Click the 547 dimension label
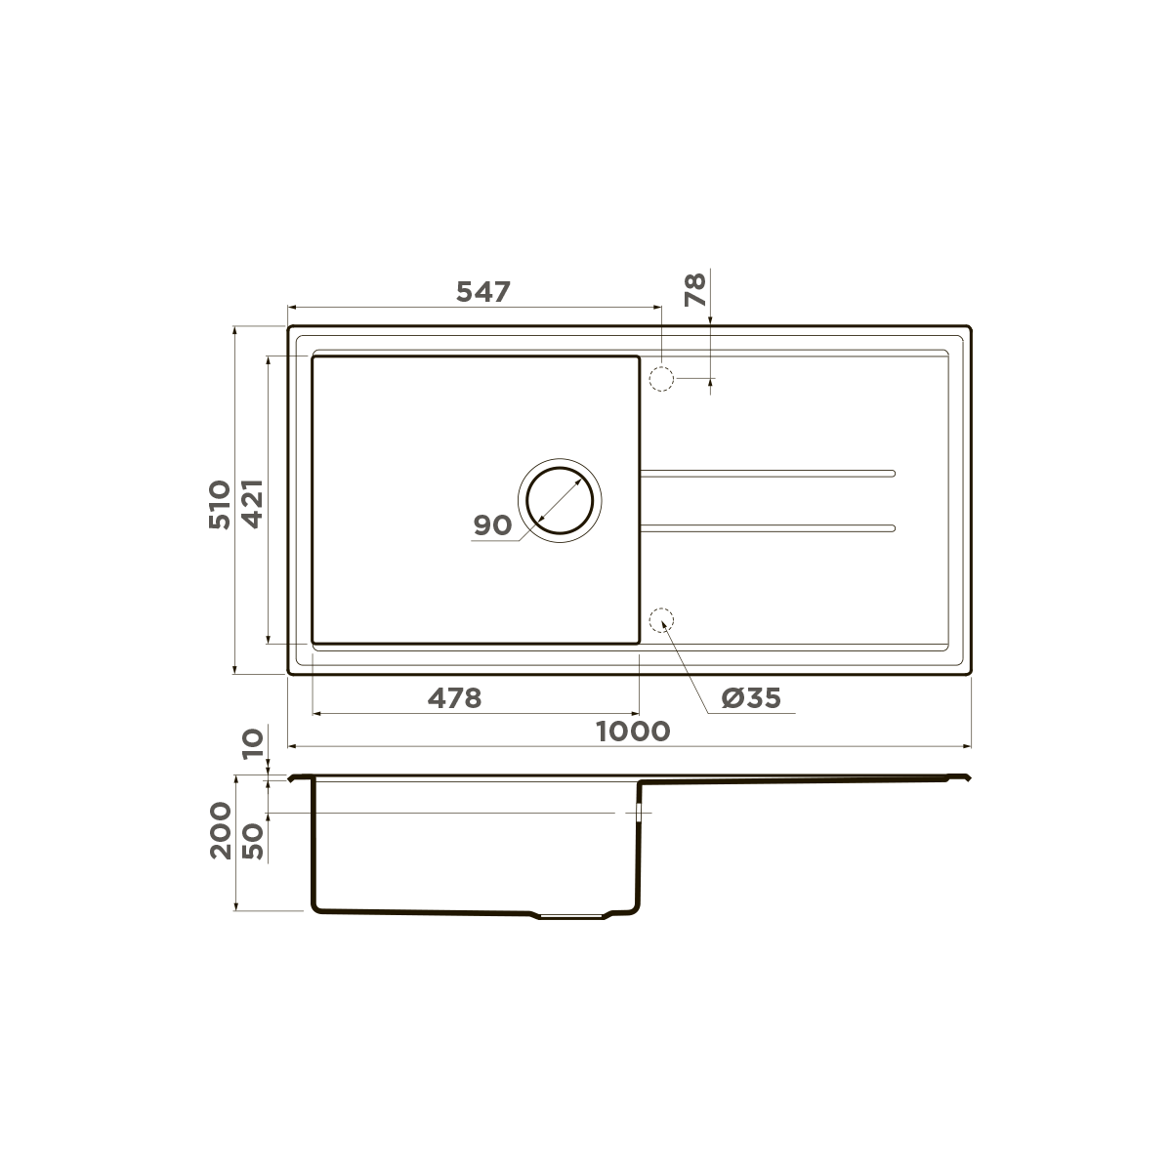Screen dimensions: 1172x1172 [483, 291]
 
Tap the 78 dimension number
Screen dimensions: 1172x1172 [695, 290]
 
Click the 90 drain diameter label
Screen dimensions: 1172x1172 [492, 525]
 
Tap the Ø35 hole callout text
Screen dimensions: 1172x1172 [751, 698]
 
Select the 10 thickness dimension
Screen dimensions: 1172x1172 [253, 743]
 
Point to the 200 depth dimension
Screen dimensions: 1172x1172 [221, 829]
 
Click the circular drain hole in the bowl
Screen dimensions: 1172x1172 [560, 501]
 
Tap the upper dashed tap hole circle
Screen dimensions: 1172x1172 [662, 378]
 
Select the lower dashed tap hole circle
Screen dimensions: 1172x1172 [662, 620]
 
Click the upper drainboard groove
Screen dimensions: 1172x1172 [767, 474]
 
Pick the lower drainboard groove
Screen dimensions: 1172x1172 [767, 528]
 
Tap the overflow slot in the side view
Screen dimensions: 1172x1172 [639, 813]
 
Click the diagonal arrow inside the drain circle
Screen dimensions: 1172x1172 [560, 501]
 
